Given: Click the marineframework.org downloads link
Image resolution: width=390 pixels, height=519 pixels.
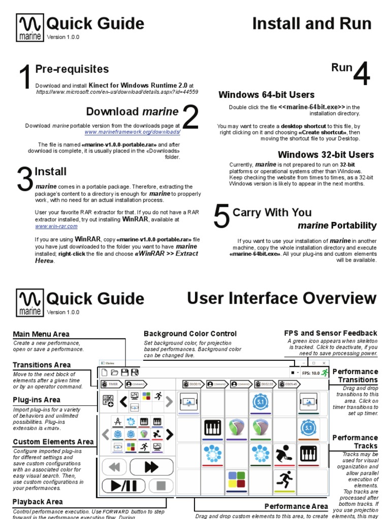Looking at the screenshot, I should tap(132, 132).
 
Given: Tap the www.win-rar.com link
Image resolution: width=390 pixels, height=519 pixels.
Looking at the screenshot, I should tap(56, 227).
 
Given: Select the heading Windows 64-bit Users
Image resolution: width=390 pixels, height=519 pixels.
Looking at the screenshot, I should tap(266, 95).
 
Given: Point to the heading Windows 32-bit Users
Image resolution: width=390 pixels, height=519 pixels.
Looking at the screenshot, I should tap(326, 155).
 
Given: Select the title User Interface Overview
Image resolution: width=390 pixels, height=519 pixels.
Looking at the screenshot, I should tap(281, 299).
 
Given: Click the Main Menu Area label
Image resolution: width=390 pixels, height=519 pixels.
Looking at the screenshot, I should tap(41, 334).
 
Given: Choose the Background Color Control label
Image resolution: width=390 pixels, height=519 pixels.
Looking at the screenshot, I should tap(190, 333).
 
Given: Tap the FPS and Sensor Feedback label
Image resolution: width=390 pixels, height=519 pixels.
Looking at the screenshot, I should tap(331, 333).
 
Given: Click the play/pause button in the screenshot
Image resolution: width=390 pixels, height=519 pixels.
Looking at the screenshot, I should tap(120, 486).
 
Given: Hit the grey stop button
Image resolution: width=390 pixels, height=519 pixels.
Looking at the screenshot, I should tap(161, 486).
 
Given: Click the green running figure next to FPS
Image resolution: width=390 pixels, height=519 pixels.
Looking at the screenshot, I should tap(324, 373).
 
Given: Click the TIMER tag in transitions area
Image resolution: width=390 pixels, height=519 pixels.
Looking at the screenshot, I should tap(111, 384).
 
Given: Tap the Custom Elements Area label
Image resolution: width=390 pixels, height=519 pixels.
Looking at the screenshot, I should tap(53, 441).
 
